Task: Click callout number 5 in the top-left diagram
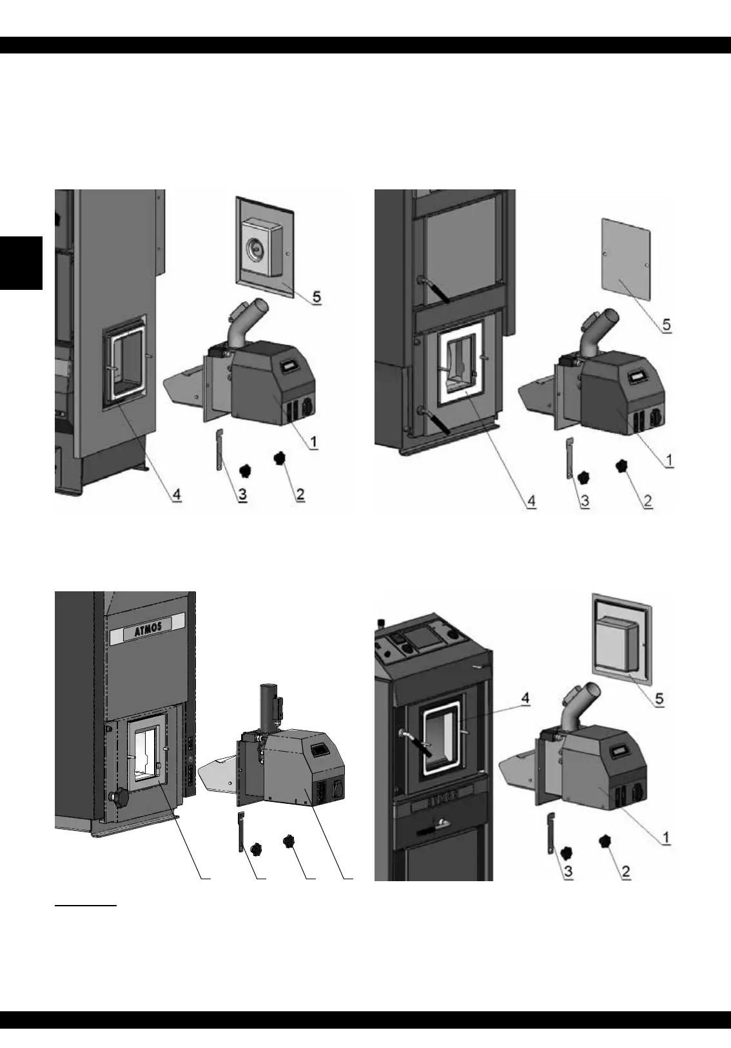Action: [x=317, y=298]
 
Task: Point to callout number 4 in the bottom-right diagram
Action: [x=525, y=699]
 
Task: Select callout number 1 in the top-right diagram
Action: [x=668, y=460]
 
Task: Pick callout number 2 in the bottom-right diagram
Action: [x=625, y=872]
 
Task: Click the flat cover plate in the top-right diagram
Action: [x=626, y=260]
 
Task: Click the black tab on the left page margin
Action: [x=21, y=263]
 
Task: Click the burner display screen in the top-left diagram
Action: [x=290, y=366]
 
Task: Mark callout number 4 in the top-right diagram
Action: [x=530, y=501]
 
